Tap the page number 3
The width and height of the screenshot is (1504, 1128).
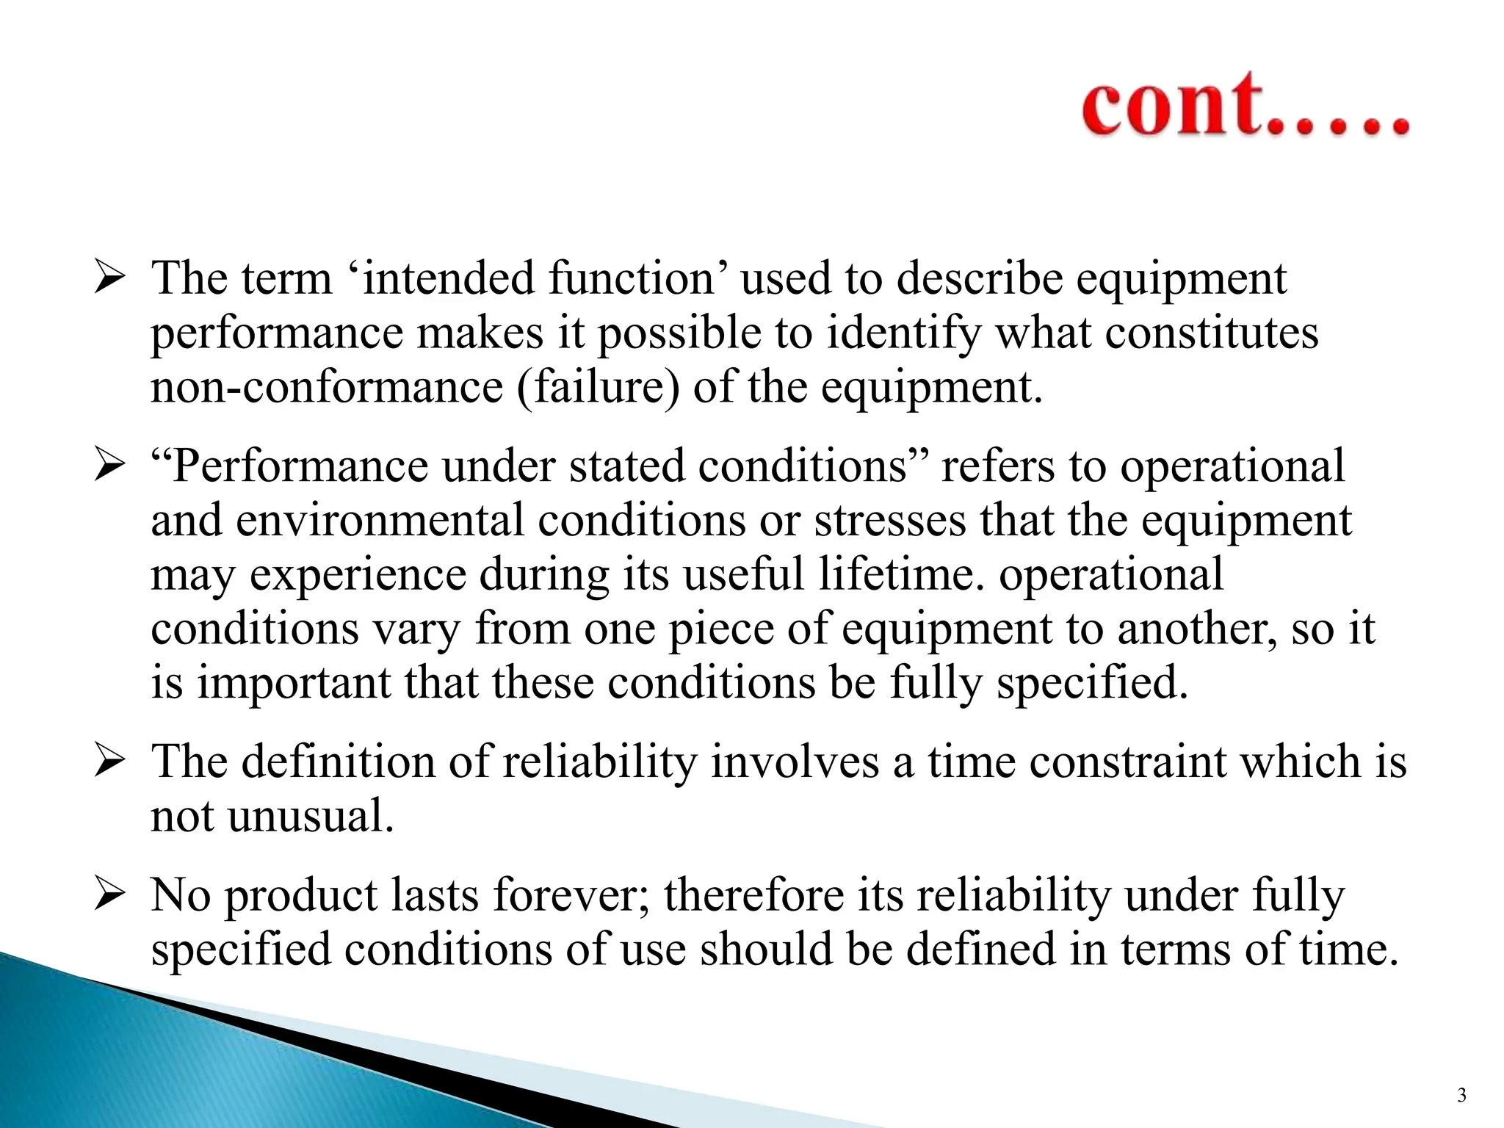click(1461, 1096)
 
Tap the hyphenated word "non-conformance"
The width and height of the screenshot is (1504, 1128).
click(326, 387)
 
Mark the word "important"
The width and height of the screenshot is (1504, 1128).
click(294, 683)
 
